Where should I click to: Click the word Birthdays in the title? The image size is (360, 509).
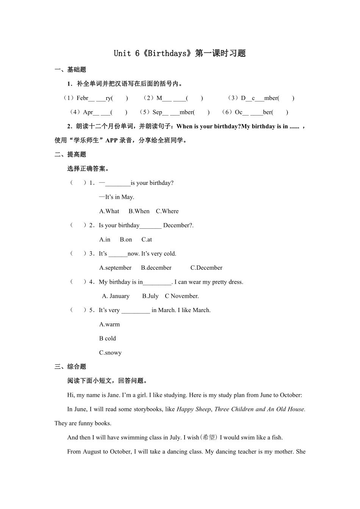(167, 53)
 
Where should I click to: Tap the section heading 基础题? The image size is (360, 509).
(77, 70)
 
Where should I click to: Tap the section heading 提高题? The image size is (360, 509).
(77, 155)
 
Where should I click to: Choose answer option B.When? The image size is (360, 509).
(139, 211)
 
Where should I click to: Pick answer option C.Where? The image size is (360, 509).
(167, 211)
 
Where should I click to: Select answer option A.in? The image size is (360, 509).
(105, 239)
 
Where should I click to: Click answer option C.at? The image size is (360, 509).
(147, 239)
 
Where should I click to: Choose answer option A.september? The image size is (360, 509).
(115, 268)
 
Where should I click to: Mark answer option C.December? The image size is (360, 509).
(207, 268)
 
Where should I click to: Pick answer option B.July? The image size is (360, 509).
(150, 296)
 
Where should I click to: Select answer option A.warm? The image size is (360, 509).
(110, 325)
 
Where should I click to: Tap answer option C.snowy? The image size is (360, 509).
(110, 353)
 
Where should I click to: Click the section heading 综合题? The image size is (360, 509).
(77, 367)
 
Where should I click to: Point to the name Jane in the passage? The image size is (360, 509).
(113, 395)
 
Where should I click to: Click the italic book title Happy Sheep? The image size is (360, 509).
(194, 409)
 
